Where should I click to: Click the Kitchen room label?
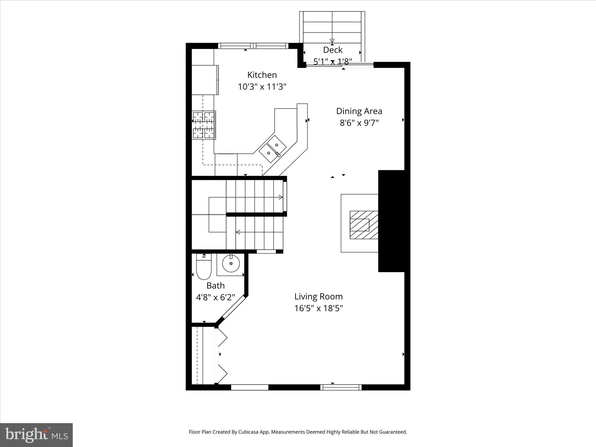[262, 75]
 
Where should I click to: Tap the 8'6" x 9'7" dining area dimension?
[359, 123]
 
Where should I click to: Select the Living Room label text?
[318, 297]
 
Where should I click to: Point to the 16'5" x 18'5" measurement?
[318, 308]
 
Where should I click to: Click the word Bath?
[215, 285]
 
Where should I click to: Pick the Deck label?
[333, 50]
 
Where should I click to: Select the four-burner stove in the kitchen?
[204, 125]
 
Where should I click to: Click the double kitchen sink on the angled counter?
[273, 149]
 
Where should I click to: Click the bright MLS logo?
[36, 435]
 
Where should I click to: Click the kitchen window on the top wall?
[253, 46]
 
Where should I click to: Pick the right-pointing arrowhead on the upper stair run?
[281, 197]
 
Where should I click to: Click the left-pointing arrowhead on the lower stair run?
[238, 232]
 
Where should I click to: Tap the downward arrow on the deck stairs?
[332, 41]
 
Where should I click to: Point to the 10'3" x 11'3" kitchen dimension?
[262, 87]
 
